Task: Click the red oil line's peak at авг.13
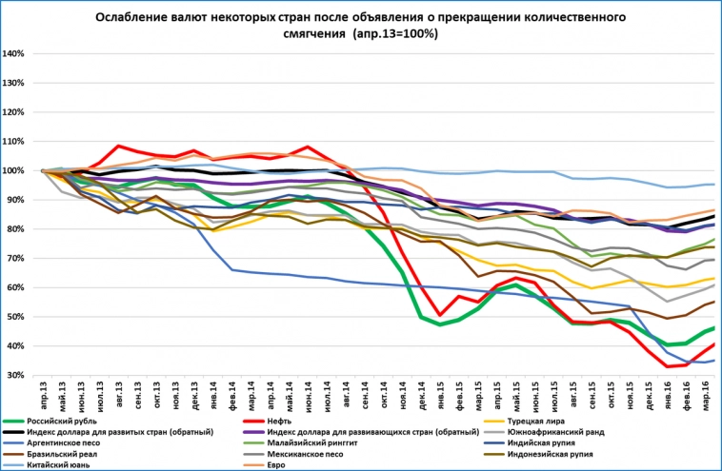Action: (117, 147)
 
